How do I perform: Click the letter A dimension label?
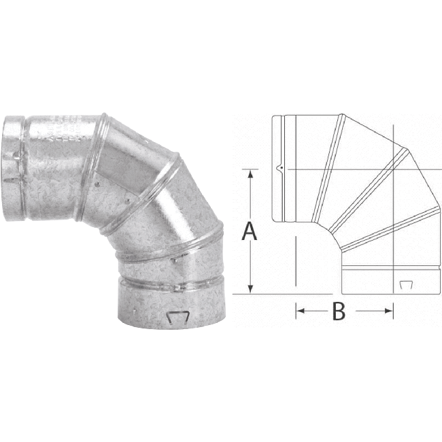point(250,231)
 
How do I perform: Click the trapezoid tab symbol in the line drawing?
point(406,283)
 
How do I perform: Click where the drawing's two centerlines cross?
point(393,169)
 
